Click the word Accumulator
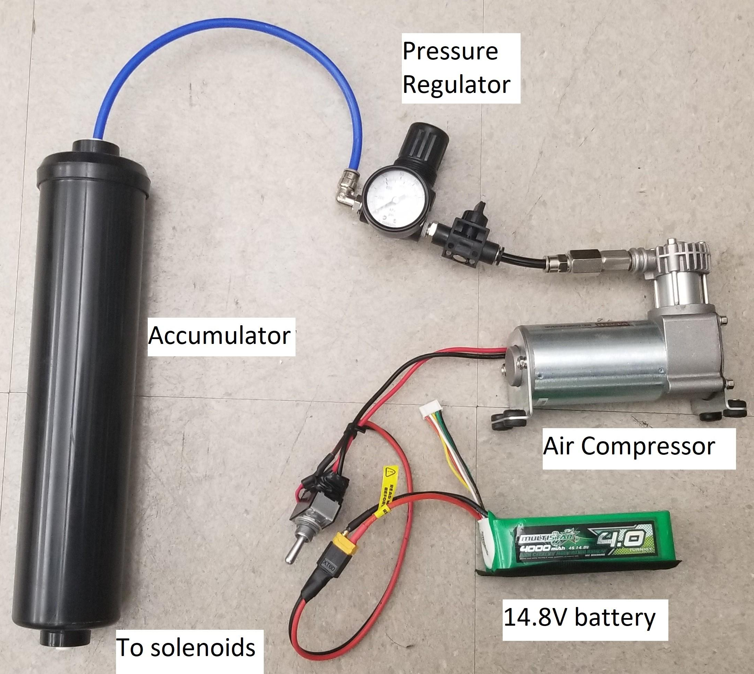coord(219,336)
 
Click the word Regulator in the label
coord(456,85)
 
